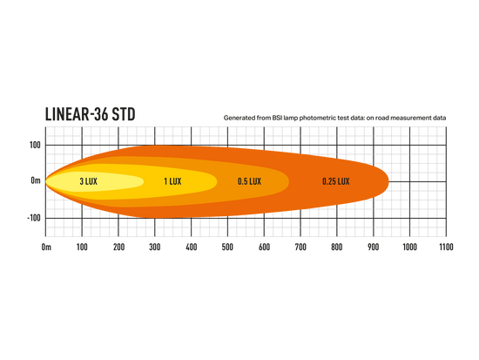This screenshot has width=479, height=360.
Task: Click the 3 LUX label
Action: click(88, 181)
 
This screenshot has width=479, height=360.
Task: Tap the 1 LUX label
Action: click(172, 181)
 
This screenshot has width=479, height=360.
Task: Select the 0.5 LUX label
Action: click(249, 181)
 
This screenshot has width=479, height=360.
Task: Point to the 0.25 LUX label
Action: click(335, 181)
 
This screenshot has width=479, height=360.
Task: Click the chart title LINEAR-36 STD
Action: click(90, 114)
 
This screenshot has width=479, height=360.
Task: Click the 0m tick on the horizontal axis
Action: click(46, 247)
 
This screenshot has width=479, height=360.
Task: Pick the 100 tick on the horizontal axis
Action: click(82, 247)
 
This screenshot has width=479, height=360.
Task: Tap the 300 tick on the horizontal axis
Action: click(154, 247)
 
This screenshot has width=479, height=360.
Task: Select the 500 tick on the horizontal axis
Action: click(227, 247)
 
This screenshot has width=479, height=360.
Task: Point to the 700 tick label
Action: click(300, 247)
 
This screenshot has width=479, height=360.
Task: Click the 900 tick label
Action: click(373, 247)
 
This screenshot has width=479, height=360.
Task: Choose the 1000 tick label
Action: click(409, 247)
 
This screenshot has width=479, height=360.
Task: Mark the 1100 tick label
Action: click(446, 247)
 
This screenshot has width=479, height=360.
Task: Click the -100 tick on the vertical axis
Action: click(34, 218)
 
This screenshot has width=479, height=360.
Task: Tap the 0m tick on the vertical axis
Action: click(36, 180)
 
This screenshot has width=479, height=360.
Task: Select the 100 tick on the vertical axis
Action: click(35, 145)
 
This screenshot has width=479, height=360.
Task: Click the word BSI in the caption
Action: click(277, 118)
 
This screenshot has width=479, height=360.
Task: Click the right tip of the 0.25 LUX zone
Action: click(388, 181)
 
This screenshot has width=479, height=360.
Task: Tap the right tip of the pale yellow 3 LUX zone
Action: click(144, 181)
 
